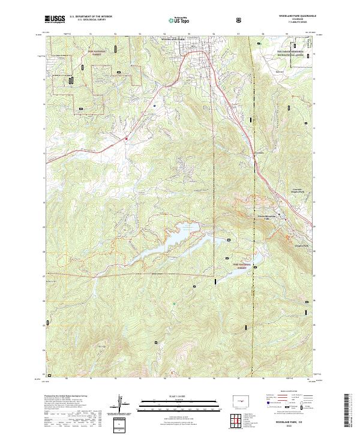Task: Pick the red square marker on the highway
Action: point(127,139)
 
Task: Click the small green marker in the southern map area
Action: point(174,304)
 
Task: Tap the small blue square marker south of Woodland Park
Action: point(155,106)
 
